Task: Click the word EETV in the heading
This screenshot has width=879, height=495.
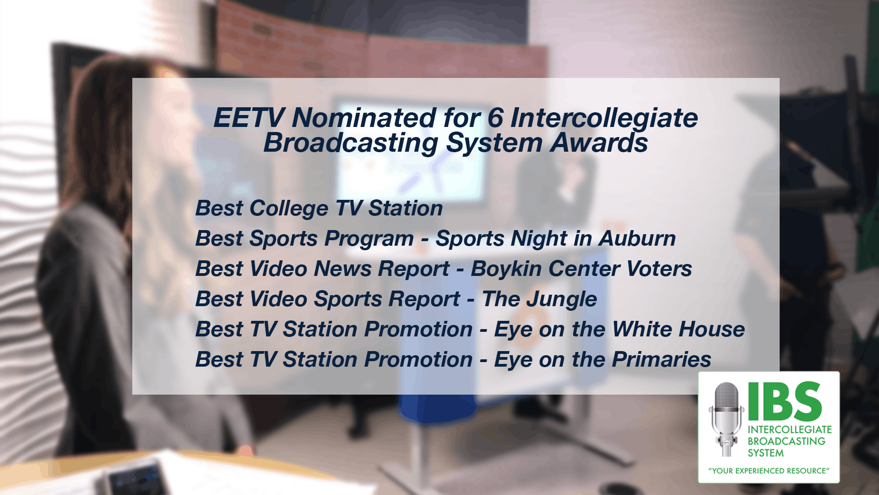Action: pyautogui.click(x=249, y=118)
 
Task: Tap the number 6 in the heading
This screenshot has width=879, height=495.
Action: pyautogui.click(x=495, y=118)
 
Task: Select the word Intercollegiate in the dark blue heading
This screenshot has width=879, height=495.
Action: pyautogui.click(x=604, y=119)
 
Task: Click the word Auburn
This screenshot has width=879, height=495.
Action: pyautogui.click(x=637, y=238)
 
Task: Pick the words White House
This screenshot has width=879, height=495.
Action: pyautogui.click(x=678, y=329)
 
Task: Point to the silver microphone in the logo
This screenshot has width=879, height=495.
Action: pyautogui.click(x=726, y=419)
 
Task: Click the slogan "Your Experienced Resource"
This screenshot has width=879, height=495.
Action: pyautogui.click(x=769, y=471)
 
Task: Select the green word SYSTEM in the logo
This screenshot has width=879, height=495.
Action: pyautogui.click(x=765, y=453)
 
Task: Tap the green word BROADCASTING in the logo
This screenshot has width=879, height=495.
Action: pyautogui.click(x=787, y=441)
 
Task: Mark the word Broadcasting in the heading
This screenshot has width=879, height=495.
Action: pyautogui.click(x=351, y=143)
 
